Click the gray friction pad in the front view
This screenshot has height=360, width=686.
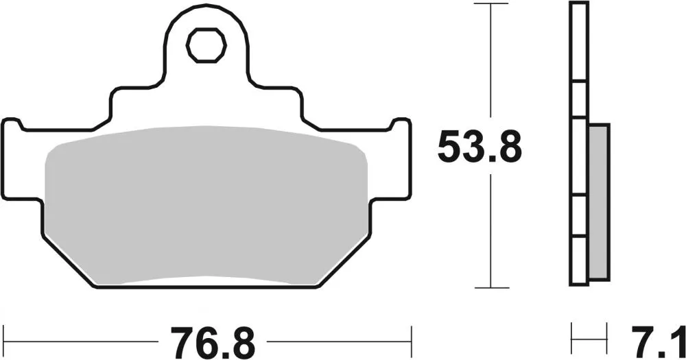(x=206, y=206)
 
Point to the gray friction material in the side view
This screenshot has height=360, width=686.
(x=598, y=202)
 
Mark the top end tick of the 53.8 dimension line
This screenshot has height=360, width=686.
(x=490, y=4)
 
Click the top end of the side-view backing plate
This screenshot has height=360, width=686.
(x=579, y=5)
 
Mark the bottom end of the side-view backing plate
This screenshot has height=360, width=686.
(x=579, y=282)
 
